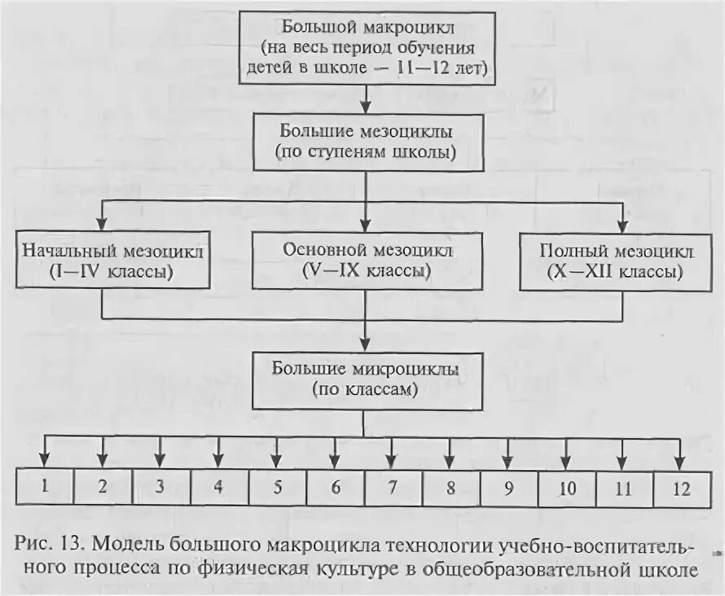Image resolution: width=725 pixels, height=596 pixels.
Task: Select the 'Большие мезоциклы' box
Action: [x=366, y=140]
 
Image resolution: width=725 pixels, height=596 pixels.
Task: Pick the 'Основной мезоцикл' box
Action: [x=366, y=261]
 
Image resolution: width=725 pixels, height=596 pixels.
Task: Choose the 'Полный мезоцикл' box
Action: [x=614, y=261]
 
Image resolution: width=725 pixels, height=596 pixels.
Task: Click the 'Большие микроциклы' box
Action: [x=366, y=379]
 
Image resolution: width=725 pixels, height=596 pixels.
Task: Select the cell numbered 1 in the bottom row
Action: [x=46, y=487]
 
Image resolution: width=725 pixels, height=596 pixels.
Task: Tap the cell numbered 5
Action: [x=278, y=487]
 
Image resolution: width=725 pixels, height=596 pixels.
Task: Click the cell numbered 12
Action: [x=682, y=487]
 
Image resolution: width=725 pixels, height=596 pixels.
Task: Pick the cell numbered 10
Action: [x=567, y=487]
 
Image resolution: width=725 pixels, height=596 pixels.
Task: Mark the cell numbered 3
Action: [x=160, y=487]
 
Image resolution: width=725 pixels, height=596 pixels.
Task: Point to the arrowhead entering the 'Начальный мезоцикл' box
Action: [x=101, y=224]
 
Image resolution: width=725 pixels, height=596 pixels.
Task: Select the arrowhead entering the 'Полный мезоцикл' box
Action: [x=623, y=224]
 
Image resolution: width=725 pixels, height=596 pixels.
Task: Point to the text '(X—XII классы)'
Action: [x=613, y=272]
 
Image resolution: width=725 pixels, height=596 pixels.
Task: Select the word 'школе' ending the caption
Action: [x=673, y=568]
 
